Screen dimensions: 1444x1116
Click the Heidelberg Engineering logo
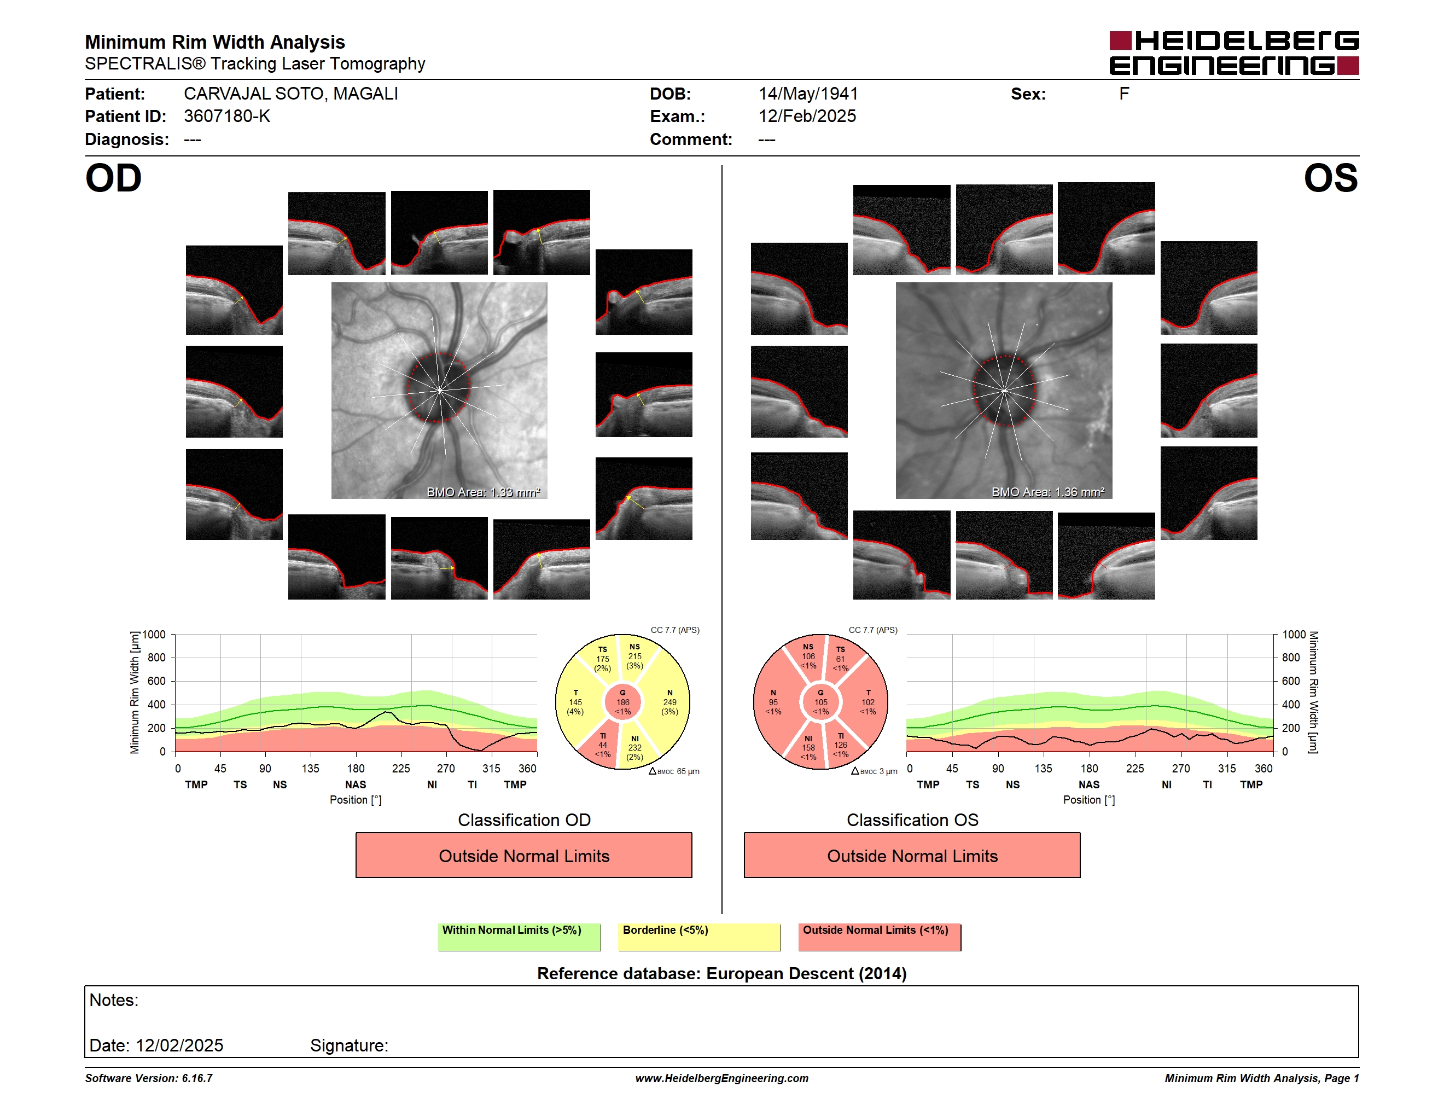pyautogui.click(x=1234, y=53)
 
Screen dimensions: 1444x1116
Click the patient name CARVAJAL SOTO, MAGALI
pyautogui.click(x=291, y=94)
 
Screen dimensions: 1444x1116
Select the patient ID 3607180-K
pyautogui.click(x=227, y=117)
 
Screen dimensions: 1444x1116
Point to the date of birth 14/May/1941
pyautogui.click(x=808, y=94)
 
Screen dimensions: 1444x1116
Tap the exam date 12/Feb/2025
pyautogui.click(x=807, y=117)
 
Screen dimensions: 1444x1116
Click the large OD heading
pyautogui.click(x=114, y=178)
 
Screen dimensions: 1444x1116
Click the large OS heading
pyautogui.click(x=1330, y=178)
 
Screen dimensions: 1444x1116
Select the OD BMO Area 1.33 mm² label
pyautogui.click(x=484, y=492)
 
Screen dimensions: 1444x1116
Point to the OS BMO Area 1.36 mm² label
pyautogui.click(x=1048, y=492)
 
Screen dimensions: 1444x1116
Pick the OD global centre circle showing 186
pyautogui.click(x=623, y=702)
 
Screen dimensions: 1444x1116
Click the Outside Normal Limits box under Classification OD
pyautogui.click(x=523, y=856)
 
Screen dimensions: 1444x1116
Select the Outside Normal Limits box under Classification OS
pyautogui.click(x=912, y=856)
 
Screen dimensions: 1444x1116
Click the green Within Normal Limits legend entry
pyautogui.click(x=519, y=937)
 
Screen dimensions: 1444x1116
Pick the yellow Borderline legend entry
pyautogui.click(x=700, y=937)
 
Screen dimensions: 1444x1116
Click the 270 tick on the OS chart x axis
pyautogui.click(x=1181, y=768)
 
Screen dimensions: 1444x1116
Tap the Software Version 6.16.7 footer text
pyautogui.click(x=149, y=1078)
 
